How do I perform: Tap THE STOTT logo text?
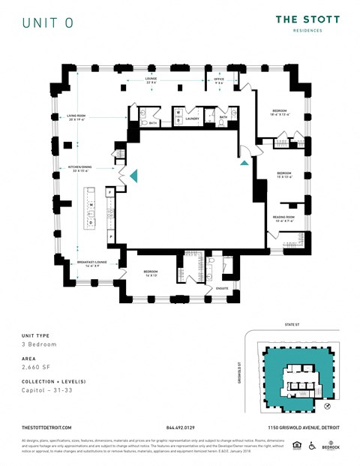pyautogui.click(x=307, y=19)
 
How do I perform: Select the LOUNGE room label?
pyautogui.click(x=151, y=80)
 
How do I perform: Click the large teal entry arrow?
pyautogui.click(x=133, y=175)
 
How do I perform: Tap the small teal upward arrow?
pyautogui.click(x=244, y=161)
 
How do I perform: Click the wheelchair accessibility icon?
pyautogui.click(x=312, y=445)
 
